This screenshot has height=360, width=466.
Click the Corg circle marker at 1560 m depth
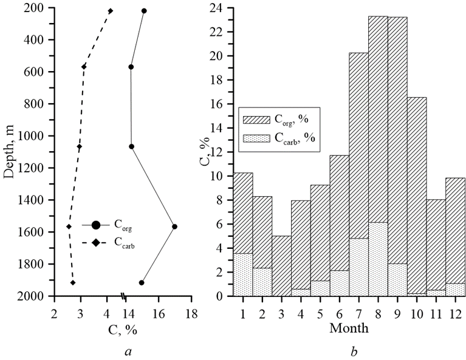pos(174,226)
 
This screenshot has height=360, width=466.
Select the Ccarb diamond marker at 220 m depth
pos(110,11)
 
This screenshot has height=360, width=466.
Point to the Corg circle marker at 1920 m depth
pos(142,282)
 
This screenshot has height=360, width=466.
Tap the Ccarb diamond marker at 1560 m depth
pos(69,226)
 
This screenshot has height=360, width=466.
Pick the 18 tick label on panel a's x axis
pos(192,314)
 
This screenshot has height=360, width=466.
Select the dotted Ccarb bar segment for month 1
pos(242,274)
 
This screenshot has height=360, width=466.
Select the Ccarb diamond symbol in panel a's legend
pos(96,243)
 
